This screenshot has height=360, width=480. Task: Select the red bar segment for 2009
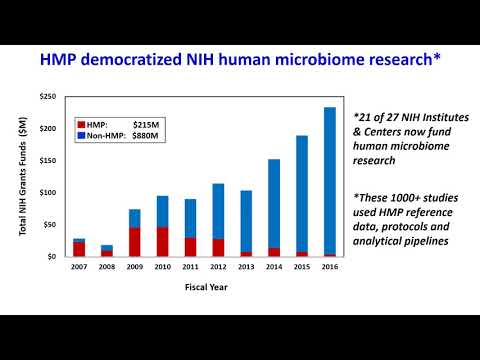(x=134, y=242)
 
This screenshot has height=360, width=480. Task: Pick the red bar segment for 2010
(x=162, y=242)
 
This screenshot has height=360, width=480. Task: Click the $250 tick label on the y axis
(x=48, y=96)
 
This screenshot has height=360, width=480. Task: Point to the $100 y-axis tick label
(x=48, y=192)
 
